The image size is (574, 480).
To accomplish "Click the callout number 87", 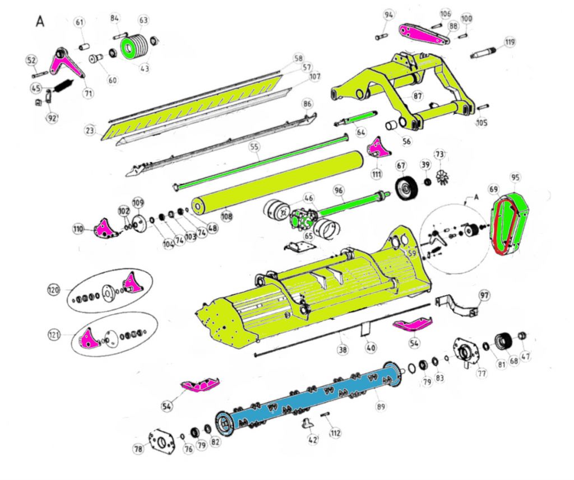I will (418, 96).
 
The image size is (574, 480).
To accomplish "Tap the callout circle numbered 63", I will (144, 20).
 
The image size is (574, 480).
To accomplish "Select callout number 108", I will (226, 215).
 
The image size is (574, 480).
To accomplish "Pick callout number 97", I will (484, 295).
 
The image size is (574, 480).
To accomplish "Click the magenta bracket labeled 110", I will (105, 229).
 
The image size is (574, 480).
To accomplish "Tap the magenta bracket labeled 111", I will (377, 148).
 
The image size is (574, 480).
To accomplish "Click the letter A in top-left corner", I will (40, 21).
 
